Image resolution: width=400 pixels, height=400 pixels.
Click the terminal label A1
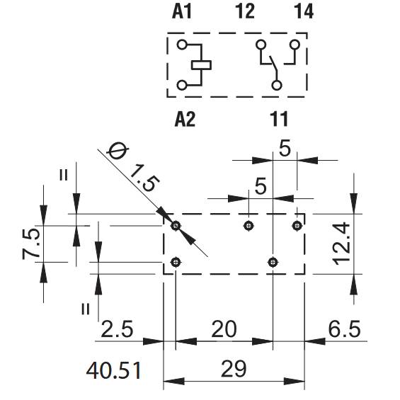click(182, 11)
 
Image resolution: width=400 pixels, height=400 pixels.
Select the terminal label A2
click(185, 119)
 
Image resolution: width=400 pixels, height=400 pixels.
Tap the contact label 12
click(245, 11)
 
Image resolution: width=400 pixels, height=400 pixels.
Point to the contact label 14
click(304, 11)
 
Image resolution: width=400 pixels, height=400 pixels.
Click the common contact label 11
click(279, 119)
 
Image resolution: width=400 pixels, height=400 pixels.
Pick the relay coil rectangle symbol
click(202, 65)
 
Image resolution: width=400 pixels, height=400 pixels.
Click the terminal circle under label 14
click(295, 45)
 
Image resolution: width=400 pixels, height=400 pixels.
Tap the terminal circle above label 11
click(277, 85)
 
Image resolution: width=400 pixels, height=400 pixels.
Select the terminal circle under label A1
click(182, 45)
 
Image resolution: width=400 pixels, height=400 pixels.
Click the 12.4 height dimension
click(341, 244)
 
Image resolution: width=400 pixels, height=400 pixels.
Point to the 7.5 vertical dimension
click(31, 244)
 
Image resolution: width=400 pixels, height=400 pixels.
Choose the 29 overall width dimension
click(234, 369)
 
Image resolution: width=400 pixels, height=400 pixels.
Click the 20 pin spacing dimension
click(224, 328)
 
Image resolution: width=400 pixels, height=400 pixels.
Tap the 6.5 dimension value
click(344, 328)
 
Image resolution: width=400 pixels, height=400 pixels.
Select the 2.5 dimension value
click(117, 328)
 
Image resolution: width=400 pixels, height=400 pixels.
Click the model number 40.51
click(114, 370)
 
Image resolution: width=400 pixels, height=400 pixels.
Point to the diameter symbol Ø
click(118, 151)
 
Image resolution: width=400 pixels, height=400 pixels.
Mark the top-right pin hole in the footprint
click(297, 226)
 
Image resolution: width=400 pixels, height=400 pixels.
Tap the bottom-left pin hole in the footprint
click(176, 262)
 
